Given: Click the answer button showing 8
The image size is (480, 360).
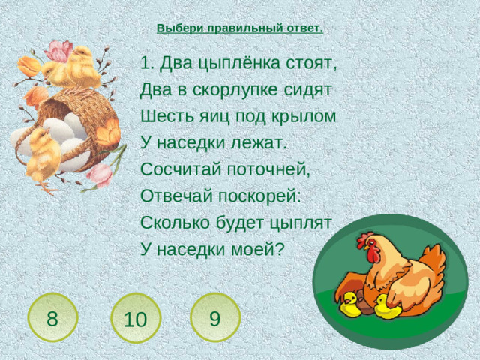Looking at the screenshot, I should (52, 317).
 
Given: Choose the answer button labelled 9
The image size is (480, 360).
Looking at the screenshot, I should (214, 317).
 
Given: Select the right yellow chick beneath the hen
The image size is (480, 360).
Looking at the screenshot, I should (387, 305).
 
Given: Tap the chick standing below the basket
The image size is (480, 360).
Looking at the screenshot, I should (43, 154).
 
